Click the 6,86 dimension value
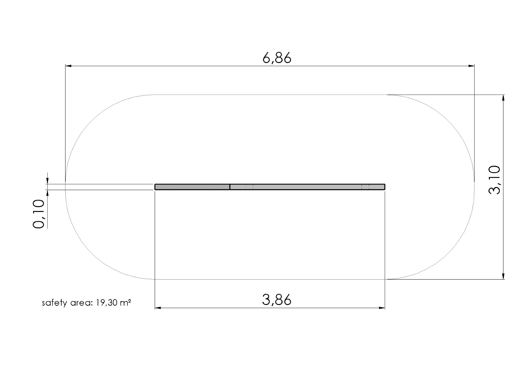[277, 58]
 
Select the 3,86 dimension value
[277, 300]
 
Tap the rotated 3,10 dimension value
[494, 180]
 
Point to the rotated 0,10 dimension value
[38, 214]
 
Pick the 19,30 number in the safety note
[107, 303]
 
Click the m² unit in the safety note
[126, 303]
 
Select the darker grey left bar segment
[192, 187]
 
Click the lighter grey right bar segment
[307, 187]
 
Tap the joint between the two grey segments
[230, 187]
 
